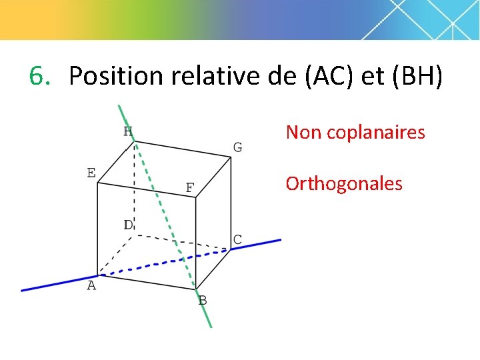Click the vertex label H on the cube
pyautogui.click(x=127, y=131)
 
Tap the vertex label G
pyautogui.click(x=237, y=147)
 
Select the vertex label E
pyautogui.click(x=91, y=173)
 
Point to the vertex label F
pyautogui.click(x=189, y=188)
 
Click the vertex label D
pyautogui.click(x=128, y=225)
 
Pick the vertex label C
pyautogui.click(x=237, y=239)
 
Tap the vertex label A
pyautogui.click(x=91, y=285)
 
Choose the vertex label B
pyautogui.click(x=203, y=301)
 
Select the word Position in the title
pyautogui.click(x=115, y=76)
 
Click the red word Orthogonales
pyautogui.click(x=344, y=183)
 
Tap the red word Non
pyautogui.click(x=304, y=133)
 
